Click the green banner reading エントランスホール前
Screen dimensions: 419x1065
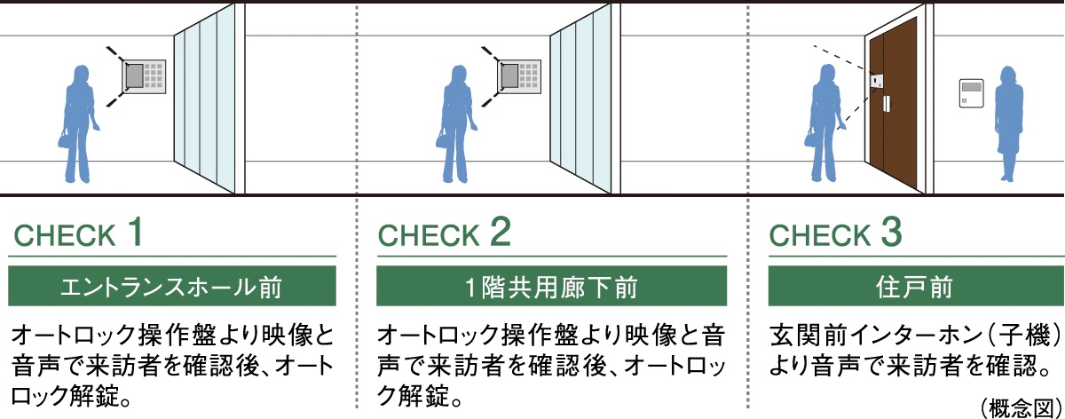pos(172,286)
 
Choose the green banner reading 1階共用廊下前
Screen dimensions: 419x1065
pos(551,286)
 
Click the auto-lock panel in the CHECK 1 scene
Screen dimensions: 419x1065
pos(144,77)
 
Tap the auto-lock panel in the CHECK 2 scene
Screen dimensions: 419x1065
pos(520,77)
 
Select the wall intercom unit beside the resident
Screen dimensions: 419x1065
pos(971,93)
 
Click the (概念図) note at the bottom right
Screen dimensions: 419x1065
pos(1022,407)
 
